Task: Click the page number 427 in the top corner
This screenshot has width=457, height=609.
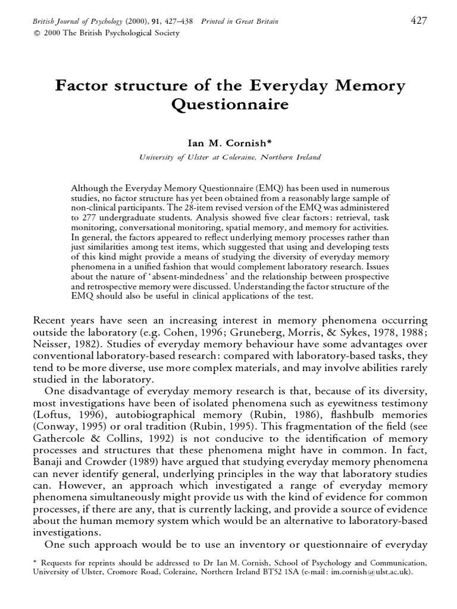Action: (419, 21)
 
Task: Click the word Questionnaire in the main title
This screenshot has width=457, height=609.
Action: (230, 105)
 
